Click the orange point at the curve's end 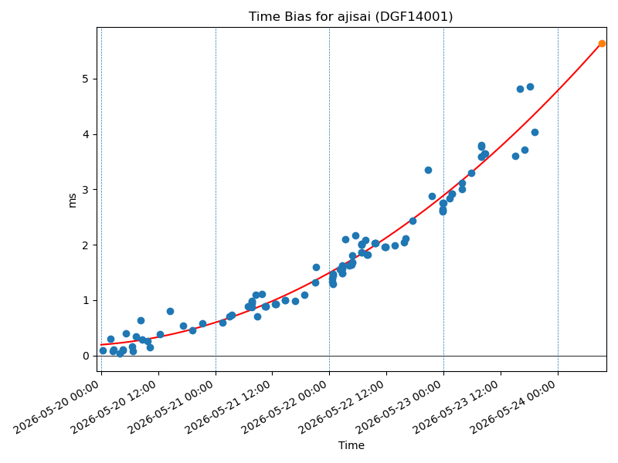[602, 44]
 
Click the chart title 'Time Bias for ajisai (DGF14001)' [351, 16]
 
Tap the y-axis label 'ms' [72, 201]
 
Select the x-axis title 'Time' [351, 445]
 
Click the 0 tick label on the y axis [85, 356]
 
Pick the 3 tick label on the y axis [85, 190]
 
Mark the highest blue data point [530, 87]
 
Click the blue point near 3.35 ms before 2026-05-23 [429, 171]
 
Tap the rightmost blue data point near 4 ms [535, 132]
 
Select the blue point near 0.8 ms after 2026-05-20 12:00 [170, 312]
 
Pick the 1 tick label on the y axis [85, 300]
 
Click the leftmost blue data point [104, 351]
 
